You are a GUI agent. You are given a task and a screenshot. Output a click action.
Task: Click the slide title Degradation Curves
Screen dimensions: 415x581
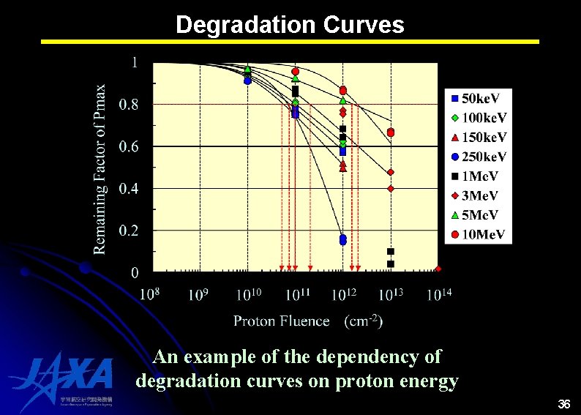(x=290, y=25)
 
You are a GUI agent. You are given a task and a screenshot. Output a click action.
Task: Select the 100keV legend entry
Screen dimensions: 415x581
(x=479, y=118)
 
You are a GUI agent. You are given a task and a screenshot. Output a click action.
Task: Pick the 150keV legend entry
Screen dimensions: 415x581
(x=479, y=138)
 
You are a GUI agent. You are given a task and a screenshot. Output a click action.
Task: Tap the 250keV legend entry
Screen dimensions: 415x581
(x=479, y=157)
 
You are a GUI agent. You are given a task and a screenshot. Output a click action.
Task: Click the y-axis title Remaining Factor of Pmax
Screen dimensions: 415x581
(x=100, y=169)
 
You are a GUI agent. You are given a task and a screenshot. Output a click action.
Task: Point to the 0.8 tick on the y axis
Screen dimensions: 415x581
(x=128, y=105)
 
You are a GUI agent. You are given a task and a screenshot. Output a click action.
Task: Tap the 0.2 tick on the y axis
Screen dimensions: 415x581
(x=128, y=231)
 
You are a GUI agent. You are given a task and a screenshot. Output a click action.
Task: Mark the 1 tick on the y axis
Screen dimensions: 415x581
(x=134, y=63)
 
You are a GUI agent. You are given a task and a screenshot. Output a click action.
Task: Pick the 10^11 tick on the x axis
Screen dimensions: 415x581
(x=295, y=294)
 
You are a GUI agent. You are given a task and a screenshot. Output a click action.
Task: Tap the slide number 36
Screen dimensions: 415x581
(x=563, y=404)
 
